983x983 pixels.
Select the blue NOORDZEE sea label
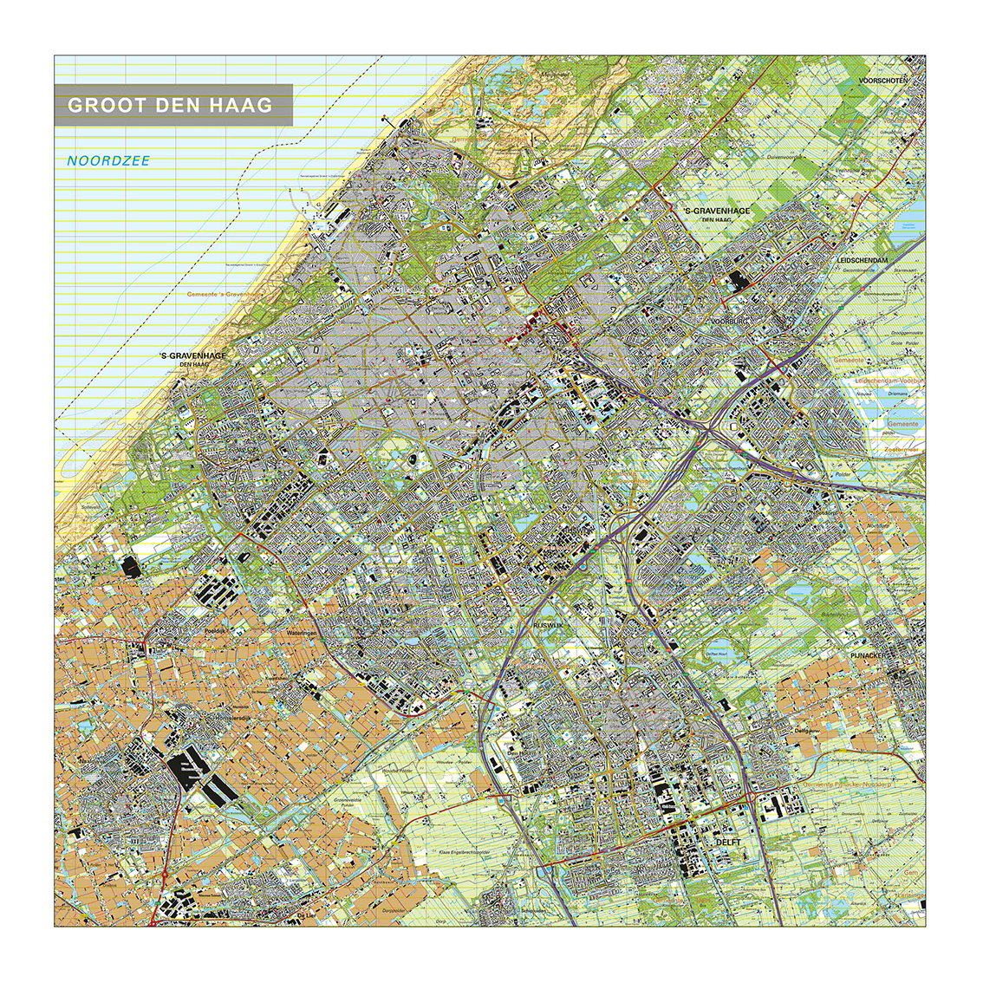pyautogui.click(x=108, y=161)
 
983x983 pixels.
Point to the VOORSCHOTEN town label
pyautogui.click(x=882, y=81)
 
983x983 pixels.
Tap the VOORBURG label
pyautogui.click(x=728, y=322)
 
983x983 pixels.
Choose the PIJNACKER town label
pyautogui.click(x=871, y=656)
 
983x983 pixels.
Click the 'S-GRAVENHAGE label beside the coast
pyautogui.click(x=192, y=355)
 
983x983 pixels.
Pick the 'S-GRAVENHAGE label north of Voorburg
pyautogui.click(x=717, y=211)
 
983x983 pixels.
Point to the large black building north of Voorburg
pyautogui.click(x=739, y=280)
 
